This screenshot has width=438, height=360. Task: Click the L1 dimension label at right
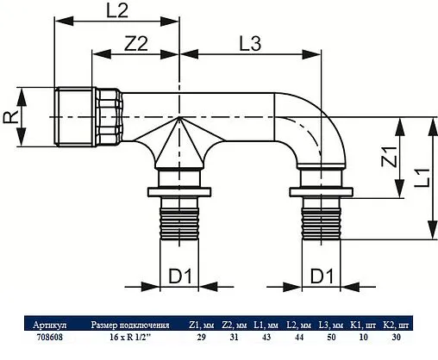click(421, 178)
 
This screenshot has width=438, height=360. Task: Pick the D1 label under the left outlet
click(178, 277)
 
